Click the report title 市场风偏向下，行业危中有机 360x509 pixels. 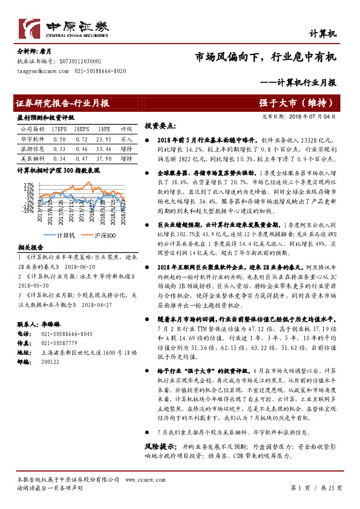[x=265, y=59]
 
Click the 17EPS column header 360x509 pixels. [x=59, y=129]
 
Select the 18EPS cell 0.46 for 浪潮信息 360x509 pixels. [x=81, y=148]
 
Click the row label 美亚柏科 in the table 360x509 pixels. [x=32, y=158]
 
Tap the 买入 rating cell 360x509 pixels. [x=126, y=138]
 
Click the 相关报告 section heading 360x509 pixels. [x=30, y=247]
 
